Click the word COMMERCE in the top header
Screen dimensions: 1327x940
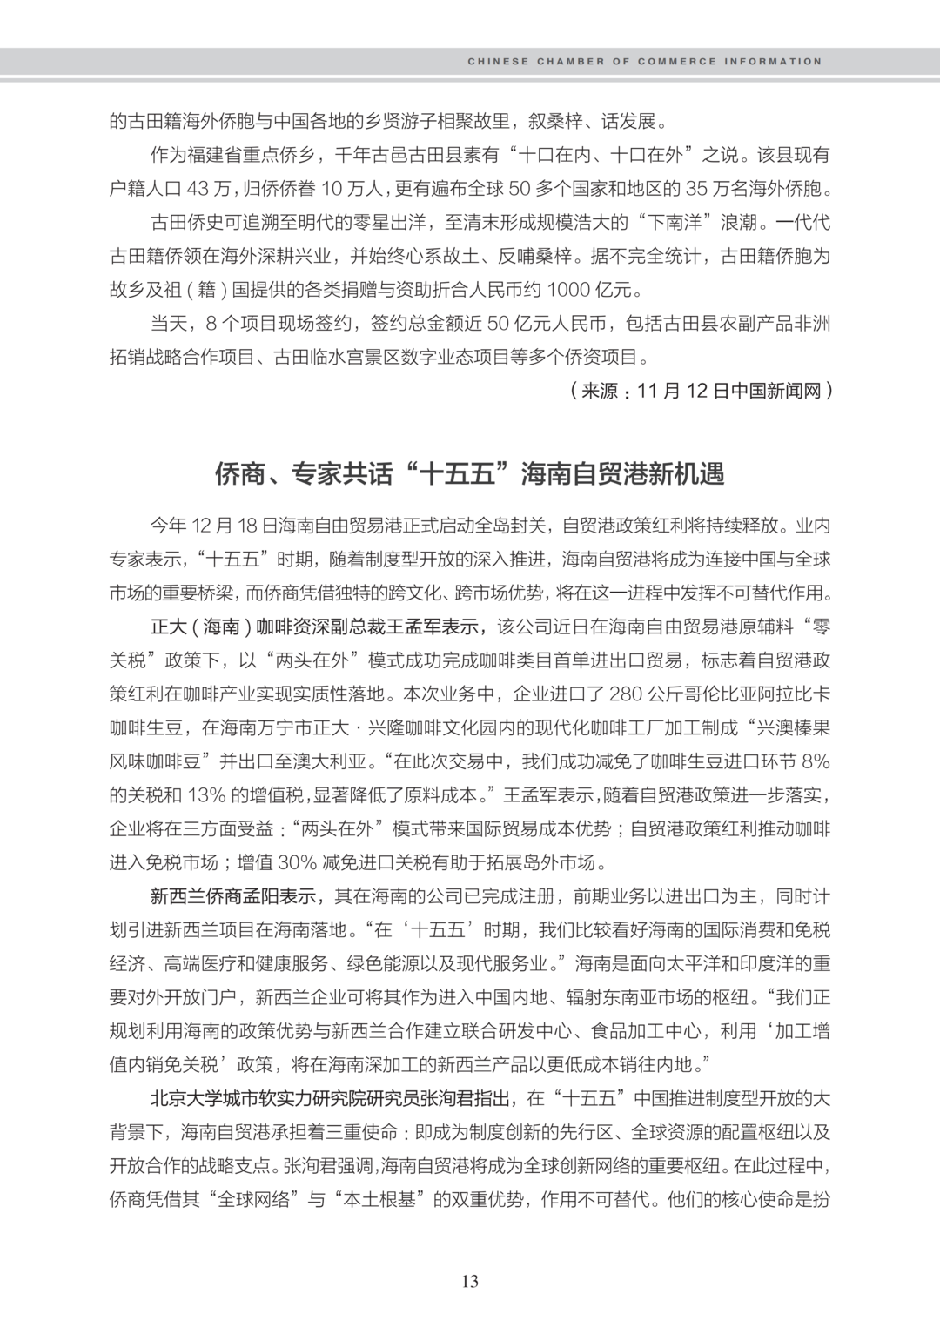tap(677, 62)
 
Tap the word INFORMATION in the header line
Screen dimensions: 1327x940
tap(775, 62)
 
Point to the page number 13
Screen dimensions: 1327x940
tap(470, 1281)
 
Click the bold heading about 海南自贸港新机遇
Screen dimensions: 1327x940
tap(470, 474)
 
